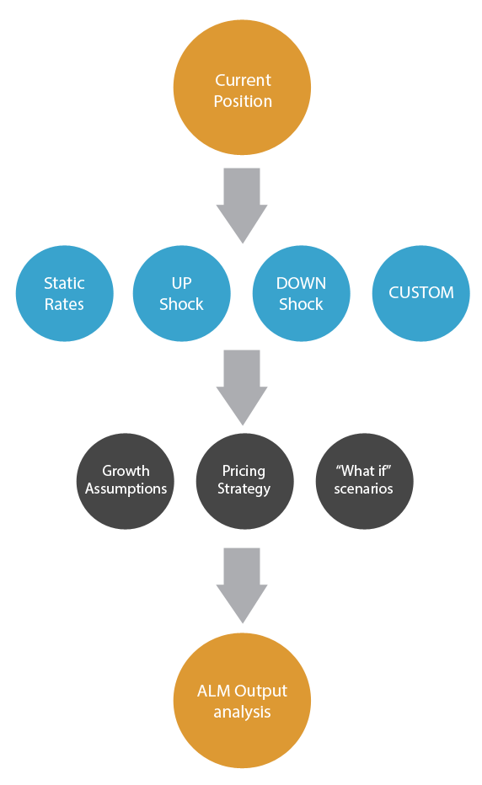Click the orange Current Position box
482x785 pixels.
242,88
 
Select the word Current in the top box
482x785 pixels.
243,80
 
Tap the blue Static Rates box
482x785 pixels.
64,293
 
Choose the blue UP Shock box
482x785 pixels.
181,293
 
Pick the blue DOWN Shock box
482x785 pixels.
301,293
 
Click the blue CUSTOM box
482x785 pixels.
420,293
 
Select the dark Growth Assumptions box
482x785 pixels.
125,481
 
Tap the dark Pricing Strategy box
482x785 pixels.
244,481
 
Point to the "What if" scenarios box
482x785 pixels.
364,481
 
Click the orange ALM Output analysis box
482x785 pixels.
242,700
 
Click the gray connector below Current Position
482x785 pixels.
242,206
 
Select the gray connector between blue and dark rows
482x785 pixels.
242,387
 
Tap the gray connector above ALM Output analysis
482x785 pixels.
242,585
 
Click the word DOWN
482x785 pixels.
301,283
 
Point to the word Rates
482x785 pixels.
64,304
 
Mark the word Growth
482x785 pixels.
126,471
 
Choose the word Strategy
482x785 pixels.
244,489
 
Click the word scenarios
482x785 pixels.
363,489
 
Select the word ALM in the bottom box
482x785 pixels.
213,691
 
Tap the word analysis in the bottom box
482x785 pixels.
242,712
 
